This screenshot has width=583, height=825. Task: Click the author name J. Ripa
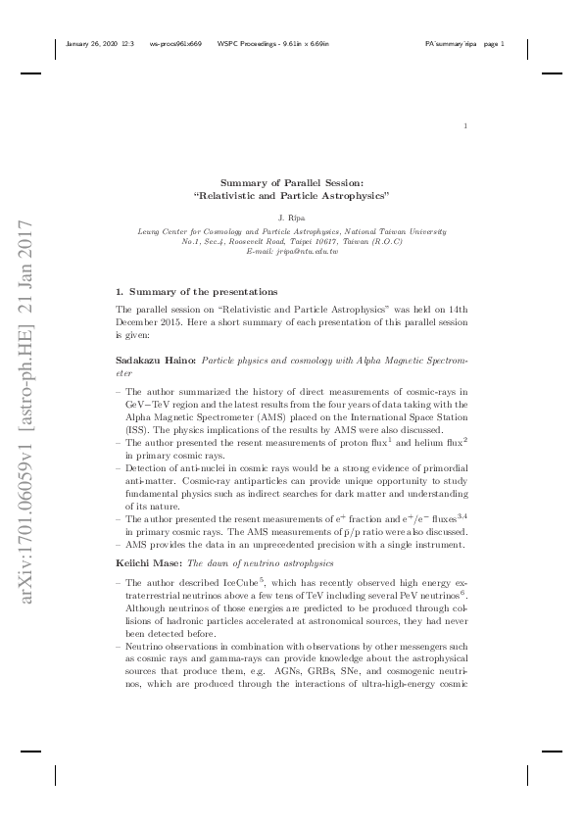[292, 218]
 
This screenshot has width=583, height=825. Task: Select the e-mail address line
[292, 252]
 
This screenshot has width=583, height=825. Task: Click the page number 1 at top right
[465, 126]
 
